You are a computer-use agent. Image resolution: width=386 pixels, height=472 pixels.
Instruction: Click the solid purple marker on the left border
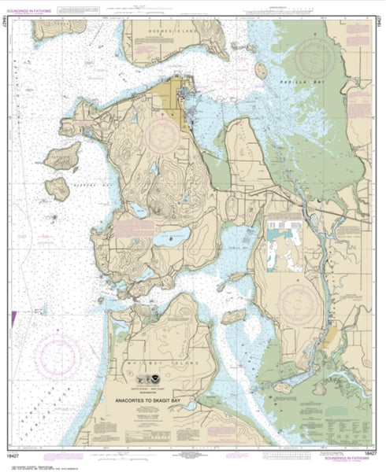[x=13, y=319]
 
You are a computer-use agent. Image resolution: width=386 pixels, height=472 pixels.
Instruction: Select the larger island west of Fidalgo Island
[x=62, y=156]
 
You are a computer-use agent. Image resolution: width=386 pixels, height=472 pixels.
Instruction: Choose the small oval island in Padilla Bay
[x=261, y=70]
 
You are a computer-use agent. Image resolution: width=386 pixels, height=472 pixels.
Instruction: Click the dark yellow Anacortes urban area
[x=173, y=98]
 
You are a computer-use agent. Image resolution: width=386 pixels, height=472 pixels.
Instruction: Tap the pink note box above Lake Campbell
[x=134, y=227]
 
